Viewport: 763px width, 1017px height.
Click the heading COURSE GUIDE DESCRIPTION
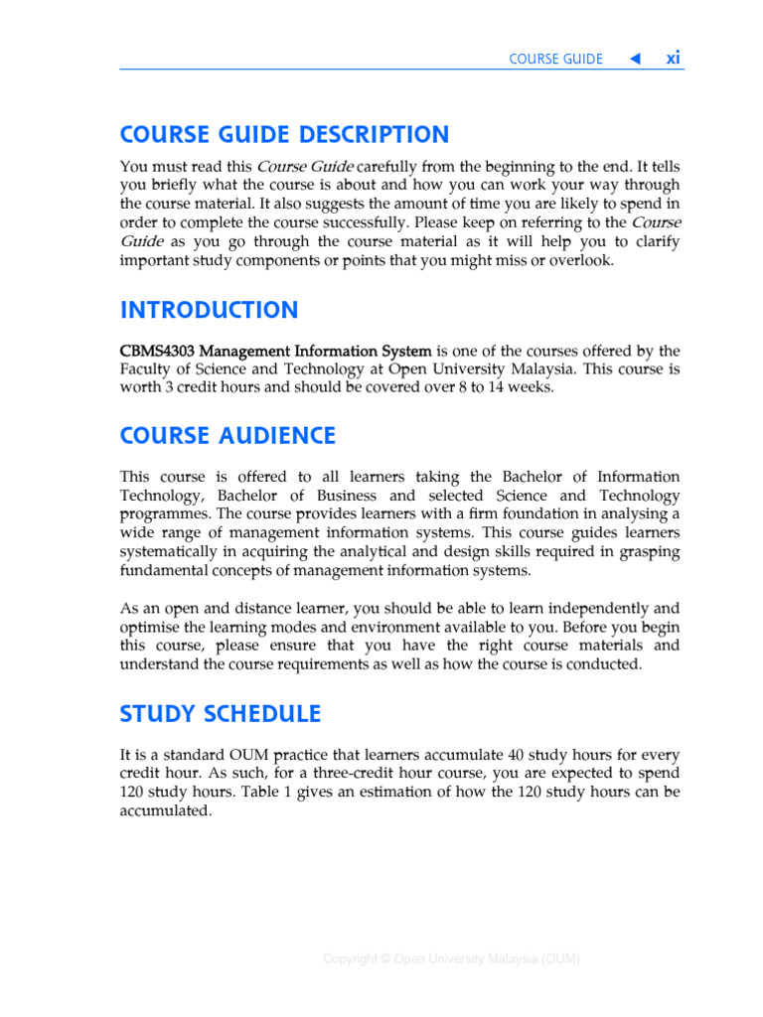[284, 135]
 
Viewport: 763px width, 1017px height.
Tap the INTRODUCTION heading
[209, 310]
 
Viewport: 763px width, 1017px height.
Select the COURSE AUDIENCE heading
[228, 436]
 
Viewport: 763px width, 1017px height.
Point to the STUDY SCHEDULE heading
[220, 714]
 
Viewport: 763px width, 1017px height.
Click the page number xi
[673, 58]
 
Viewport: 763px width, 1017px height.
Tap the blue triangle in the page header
[635, 59]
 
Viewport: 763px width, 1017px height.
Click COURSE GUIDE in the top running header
[555, 59]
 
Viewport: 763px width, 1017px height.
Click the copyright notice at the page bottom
[451, 958]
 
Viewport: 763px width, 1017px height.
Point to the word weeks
[530, 388]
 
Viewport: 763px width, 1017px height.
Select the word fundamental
[162, 571]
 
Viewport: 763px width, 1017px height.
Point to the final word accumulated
[165, 810]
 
